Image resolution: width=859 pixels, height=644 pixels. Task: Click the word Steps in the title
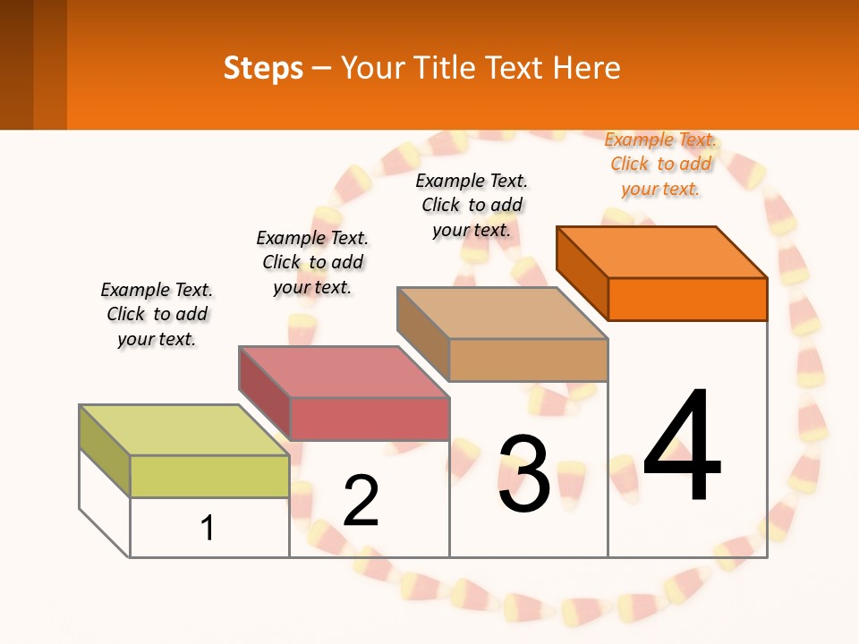(263, 68)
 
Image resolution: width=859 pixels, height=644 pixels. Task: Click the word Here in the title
(586, 68)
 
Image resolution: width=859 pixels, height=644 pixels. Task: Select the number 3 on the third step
(524, 474)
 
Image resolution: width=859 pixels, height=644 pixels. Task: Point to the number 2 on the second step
(361, 501)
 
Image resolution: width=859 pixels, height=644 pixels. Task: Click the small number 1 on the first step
(208, 528)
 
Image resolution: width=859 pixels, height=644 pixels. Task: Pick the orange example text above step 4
(660, 164)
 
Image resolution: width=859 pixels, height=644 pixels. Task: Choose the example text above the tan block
(472, 205)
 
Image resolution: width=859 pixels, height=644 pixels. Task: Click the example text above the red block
(312, 262)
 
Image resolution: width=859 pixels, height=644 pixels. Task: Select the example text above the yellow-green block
(157, 314)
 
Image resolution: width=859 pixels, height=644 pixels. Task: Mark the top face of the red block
(344, 371)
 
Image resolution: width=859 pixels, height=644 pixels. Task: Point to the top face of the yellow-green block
(184, 429)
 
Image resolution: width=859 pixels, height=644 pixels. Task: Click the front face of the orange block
(687, 299)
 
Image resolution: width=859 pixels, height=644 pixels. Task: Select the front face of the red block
(369, 419)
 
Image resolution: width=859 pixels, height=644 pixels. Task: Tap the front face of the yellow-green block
(209, 476)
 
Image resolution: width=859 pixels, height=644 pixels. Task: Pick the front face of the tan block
(528, 360)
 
